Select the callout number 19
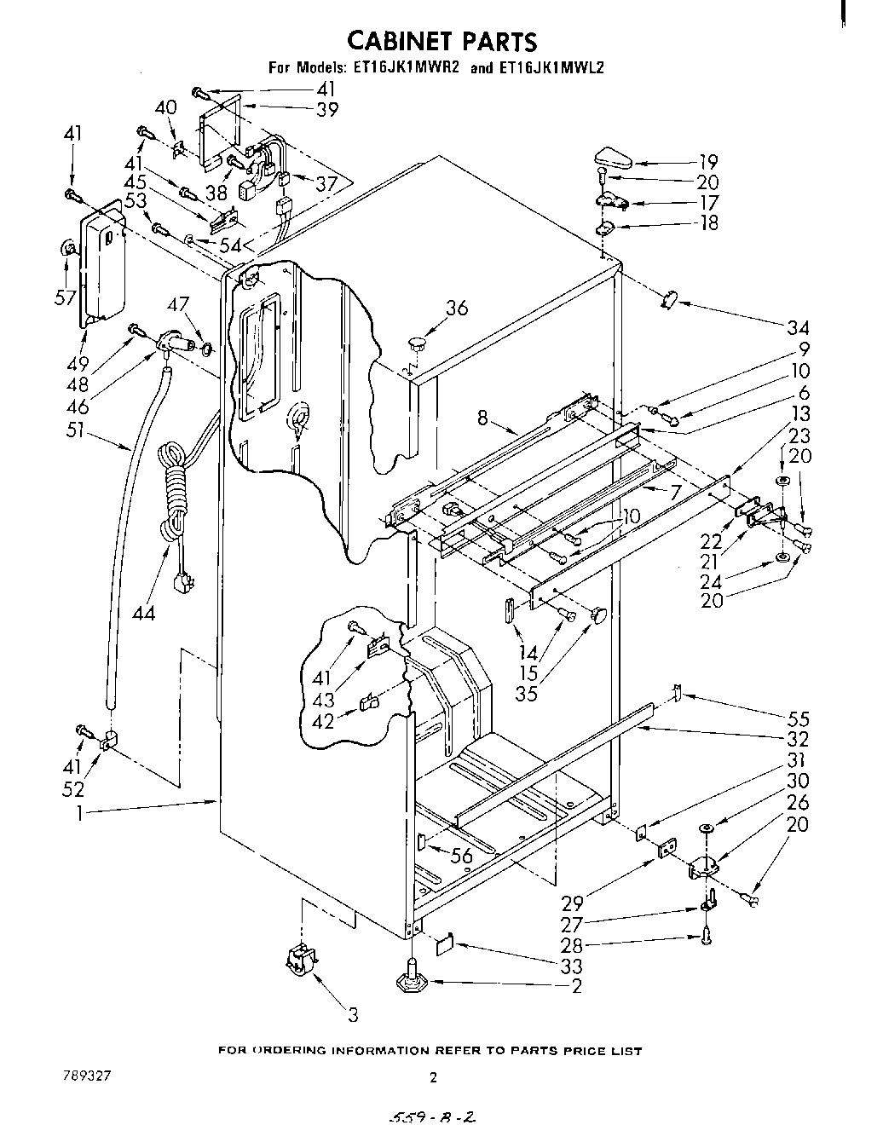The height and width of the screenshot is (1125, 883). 707,161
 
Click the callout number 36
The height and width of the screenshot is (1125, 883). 457,308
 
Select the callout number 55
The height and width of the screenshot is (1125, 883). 798,719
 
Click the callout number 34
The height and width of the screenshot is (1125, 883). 798,327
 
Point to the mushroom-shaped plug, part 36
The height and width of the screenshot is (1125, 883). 417,343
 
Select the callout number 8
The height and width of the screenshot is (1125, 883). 482,418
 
